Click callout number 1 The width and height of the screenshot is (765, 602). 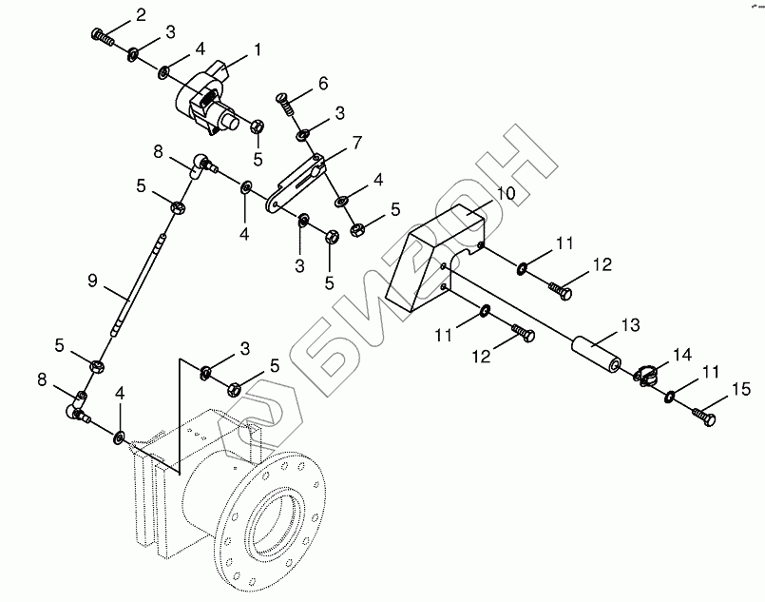click(257, 48)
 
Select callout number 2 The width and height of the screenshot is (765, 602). click(141, 14)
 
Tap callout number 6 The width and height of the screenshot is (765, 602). click(322, 84)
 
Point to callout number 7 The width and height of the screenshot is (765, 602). click(356, 143)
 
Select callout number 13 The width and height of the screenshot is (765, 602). click(631, 324)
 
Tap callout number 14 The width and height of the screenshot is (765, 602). click(681, 354)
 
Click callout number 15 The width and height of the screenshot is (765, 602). click(740, 388)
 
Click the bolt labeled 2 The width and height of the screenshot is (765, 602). click(101, 37)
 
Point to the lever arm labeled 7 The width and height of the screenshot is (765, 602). click(296, 181)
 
